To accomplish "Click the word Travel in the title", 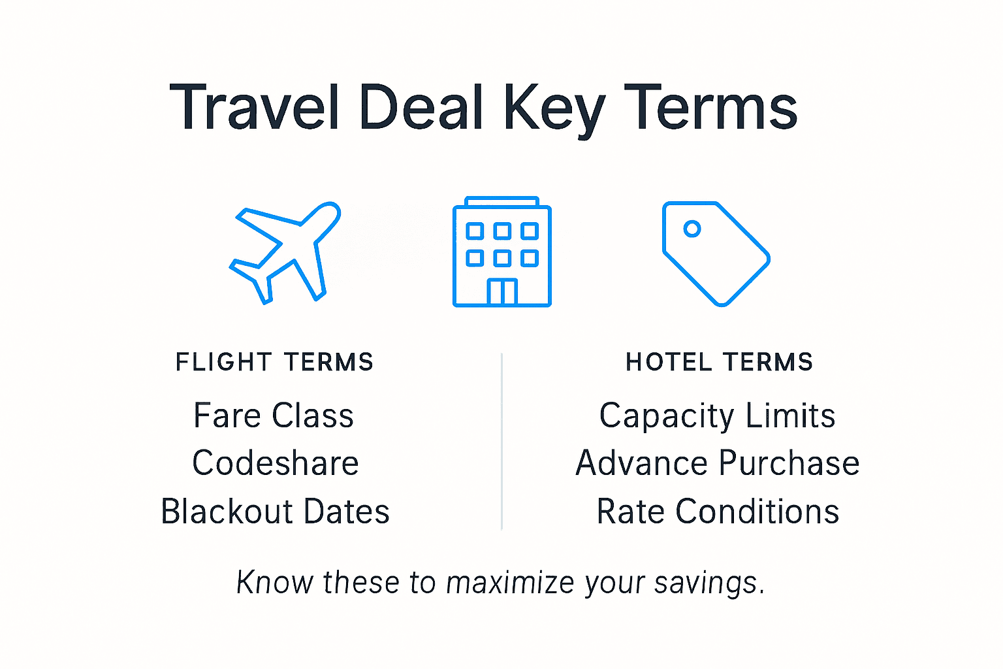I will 255,108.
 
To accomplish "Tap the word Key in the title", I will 554,110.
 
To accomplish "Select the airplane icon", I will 285,252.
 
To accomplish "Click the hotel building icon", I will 501,252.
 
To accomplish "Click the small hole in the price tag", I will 692,229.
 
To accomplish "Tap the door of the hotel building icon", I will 502,292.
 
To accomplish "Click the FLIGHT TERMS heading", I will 274,362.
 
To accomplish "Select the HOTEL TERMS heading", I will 719,362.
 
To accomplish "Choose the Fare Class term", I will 274,416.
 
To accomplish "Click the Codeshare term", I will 275,463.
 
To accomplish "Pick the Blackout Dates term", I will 275,512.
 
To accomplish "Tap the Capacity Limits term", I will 717,416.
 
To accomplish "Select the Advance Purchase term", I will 717,463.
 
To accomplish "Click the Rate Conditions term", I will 718,512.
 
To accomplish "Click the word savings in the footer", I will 708,583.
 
